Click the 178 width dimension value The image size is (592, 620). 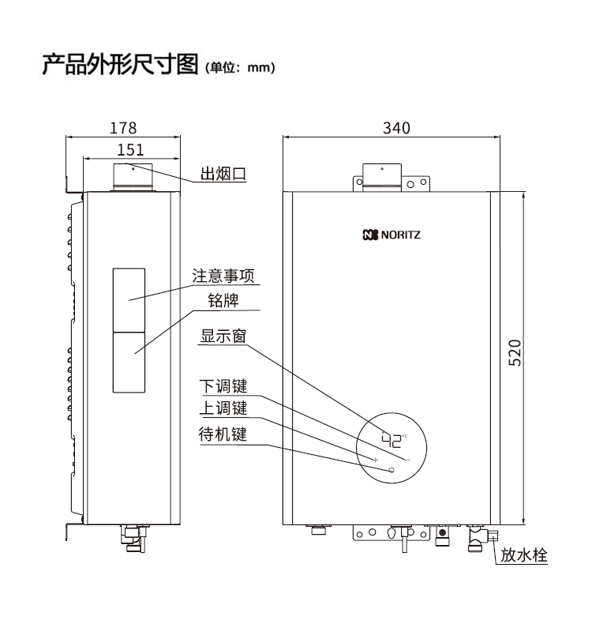coord(123,127)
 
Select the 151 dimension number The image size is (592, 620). coord(130,149)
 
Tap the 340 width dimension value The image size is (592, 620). coord(396,127)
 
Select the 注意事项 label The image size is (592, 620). coord(227,276)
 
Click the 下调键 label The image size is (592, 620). coord(223,386)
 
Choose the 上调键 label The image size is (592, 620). coord(223,409)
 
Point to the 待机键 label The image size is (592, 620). coord(223,434)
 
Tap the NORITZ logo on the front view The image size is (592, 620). coord(392,235)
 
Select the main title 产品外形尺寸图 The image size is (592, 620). coord(120,64)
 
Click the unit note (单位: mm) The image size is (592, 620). coord(239,68)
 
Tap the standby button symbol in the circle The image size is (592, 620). coord(391,470)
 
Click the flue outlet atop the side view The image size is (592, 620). coord(132,178)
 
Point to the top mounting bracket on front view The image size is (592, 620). coord(392,178)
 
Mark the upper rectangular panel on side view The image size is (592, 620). coord(129,299)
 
